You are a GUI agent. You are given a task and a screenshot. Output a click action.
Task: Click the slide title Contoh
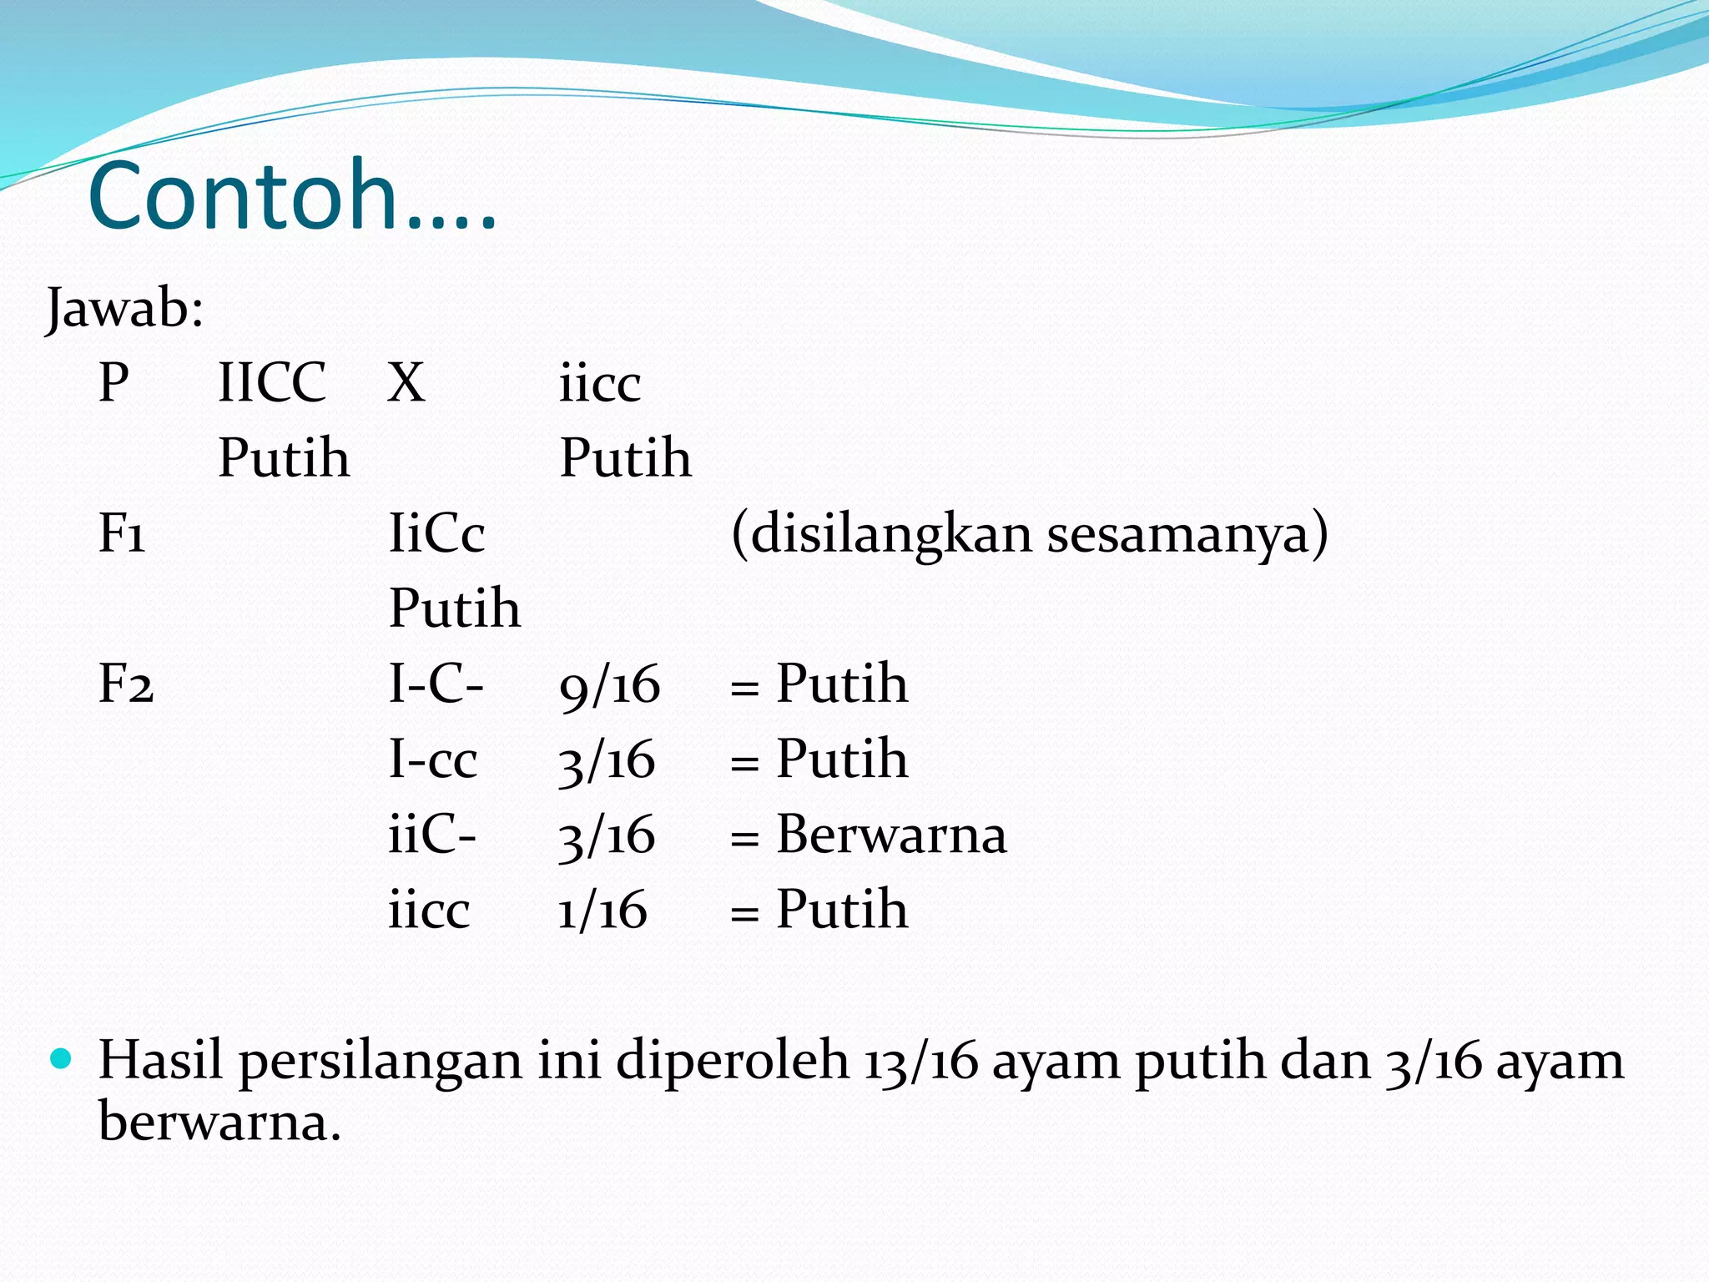click(292, 197)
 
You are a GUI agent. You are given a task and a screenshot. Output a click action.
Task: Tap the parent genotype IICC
click(272, 383)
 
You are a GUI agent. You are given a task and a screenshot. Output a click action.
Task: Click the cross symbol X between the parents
click(406, 383)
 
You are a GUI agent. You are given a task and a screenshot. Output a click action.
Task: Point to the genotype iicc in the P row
click(600, 385)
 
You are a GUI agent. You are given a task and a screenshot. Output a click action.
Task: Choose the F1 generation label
click(122, 534)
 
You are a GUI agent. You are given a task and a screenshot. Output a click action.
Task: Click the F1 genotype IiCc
click(436, 534)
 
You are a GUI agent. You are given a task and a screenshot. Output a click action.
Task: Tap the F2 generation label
click(126, 684)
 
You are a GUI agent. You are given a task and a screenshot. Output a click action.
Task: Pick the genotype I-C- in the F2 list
click(436, 684)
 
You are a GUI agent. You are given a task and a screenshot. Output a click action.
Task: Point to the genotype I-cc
click(433, 760)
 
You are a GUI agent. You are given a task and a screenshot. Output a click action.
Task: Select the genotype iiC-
click(432, 835)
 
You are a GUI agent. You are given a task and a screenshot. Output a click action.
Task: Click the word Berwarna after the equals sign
click(891, 835)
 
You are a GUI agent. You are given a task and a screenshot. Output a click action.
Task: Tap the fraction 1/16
click(602, 910)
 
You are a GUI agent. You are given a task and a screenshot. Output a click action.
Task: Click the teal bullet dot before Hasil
click(62, 1059)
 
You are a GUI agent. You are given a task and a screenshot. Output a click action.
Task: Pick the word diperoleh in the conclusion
click(733, 1062)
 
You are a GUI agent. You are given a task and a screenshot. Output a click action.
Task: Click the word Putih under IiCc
click(455, 608)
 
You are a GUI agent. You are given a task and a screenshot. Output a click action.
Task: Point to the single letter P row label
click(114, 383)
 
